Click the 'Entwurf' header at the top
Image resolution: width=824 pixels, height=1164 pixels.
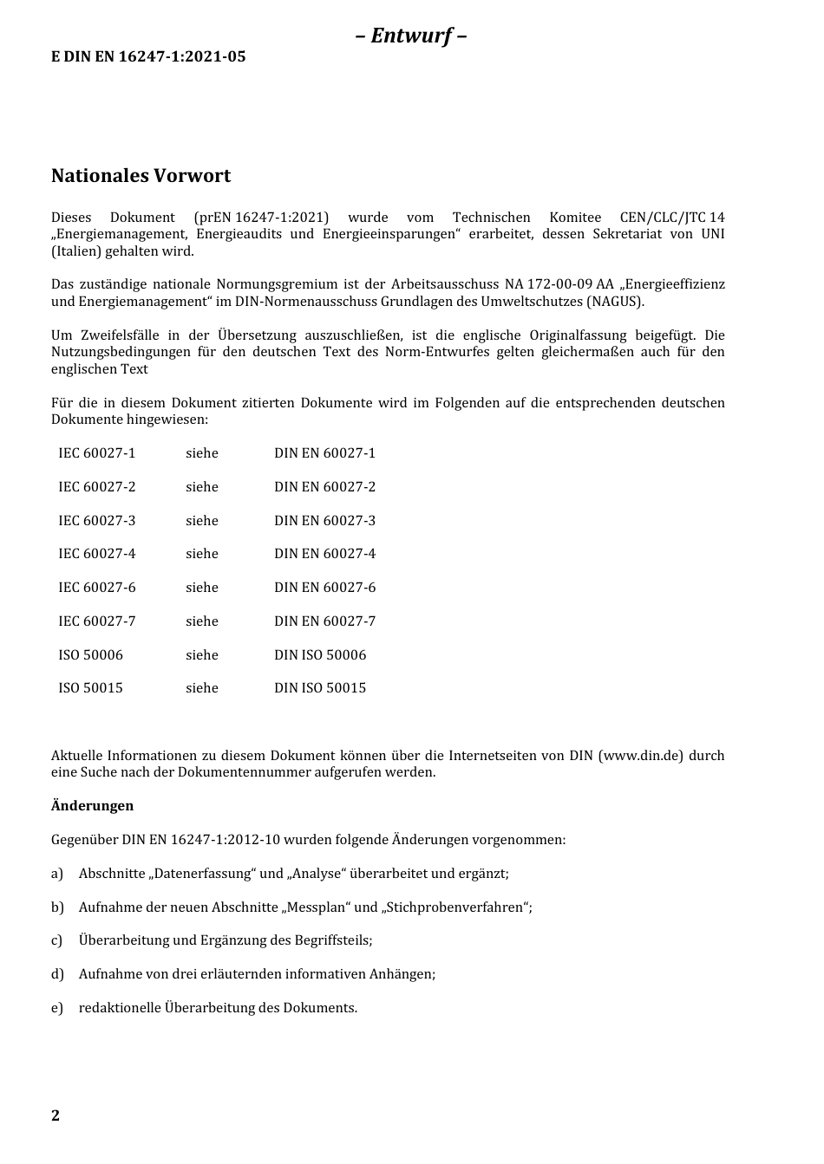tap(411, 36)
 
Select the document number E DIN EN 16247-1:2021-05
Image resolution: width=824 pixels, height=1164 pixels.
tap(148, 57)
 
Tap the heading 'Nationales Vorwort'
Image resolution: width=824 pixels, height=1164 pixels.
tap(141, 176)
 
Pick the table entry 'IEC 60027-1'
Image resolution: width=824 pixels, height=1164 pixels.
tap(96, 453)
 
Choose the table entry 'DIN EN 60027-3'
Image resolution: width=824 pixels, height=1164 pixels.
tap(324, 521)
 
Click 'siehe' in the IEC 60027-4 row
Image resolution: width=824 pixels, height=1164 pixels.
tap(201, 554)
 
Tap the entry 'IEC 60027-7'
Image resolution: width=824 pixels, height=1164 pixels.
tap(96, 621)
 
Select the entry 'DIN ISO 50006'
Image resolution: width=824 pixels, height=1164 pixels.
tap(320, 655)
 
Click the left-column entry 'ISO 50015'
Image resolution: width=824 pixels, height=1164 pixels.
tap(90, 688)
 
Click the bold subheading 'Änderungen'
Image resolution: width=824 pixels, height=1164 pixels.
tap(92, 806)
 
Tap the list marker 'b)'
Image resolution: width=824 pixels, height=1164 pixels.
tap(57, 907)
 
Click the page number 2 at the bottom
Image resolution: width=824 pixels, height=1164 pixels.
tap(56, 1115)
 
